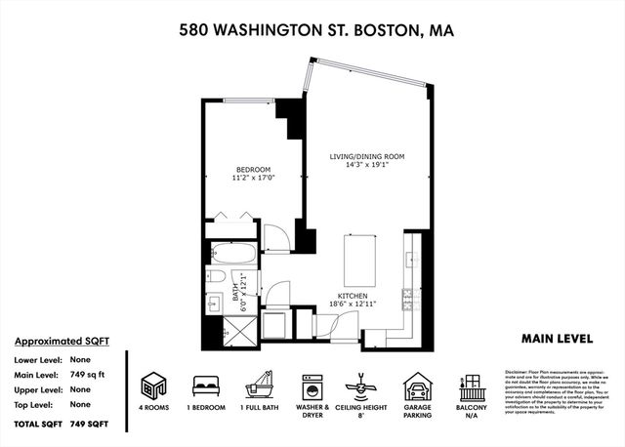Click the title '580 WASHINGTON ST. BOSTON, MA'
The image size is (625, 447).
316,30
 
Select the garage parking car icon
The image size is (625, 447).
419,384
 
